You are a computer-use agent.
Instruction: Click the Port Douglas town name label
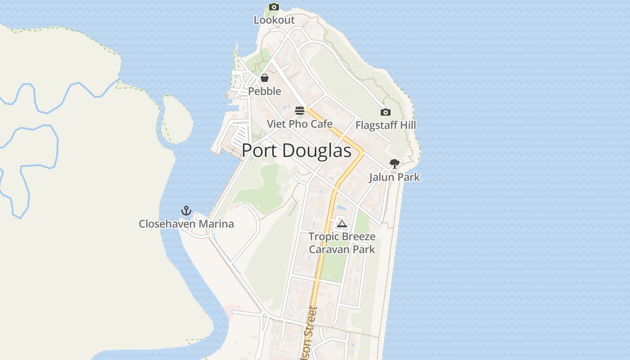pyautogui.click(x=297, y=151)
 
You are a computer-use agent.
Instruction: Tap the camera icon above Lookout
pyautogui.click(x=274, y=7)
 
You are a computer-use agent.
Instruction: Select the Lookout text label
pyautogui.click(x=274, y=20)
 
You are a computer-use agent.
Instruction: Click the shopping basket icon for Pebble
pyautogui.click(x=265, y=78)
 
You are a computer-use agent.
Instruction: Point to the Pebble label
pyautogui.click(x=265, y=91)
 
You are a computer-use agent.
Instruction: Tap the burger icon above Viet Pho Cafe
pyautogui.click(x=300, y=111)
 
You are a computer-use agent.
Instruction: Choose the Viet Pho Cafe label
pyautogui.click(x=300, y=124)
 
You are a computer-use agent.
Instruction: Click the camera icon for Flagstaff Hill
pyautogui.click(x=386, y=112)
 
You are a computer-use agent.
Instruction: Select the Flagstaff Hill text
pyautogui.click(x=386, y=125)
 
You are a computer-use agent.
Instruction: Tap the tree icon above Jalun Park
pyautogui.click(x=395, y=164)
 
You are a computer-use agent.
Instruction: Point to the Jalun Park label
pyautogui.click(x=395, y=177)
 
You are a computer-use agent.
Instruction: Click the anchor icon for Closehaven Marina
pyautogui.click(x=186, y=211)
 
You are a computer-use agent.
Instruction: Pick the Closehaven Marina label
pyautogui.click(x=186, y=224)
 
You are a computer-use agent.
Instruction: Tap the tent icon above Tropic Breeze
pyautogui.click(x=342, y=224)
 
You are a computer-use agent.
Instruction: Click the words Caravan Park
pyautogui.click(x=342, y=249)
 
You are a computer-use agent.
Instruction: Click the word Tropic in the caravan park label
pyautogui.click(x=324, y=237)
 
